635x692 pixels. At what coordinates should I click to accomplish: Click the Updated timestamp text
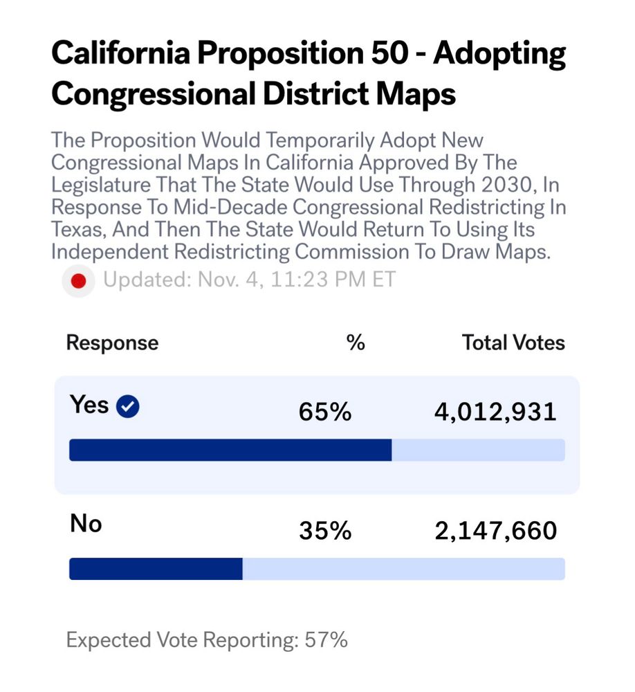(249, 280)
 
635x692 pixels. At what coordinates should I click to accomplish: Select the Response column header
(112, 343)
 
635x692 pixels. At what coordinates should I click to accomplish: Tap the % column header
(356, 343)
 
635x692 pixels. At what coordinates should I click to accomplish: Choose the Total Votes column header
(513, 343)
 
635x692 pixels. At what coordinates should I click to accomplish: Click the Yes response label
(89, 405)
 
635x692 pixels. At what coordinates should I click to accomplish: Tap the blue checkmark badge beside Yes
(127, 407)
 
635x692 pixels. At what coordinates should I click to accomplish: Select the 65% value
(325, 412)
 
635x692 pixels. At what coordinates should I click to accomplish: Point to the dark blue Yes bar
(230, 450)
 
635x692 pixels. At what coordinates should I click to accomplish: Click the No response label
(86, 524)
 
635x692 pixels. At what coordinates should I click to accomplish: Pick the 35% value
(325, 531)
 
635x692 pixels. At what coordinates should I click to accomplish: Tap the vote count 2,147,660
(496, 531)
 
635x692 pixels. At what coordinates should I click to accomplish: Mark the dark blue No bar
(156, 569)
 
